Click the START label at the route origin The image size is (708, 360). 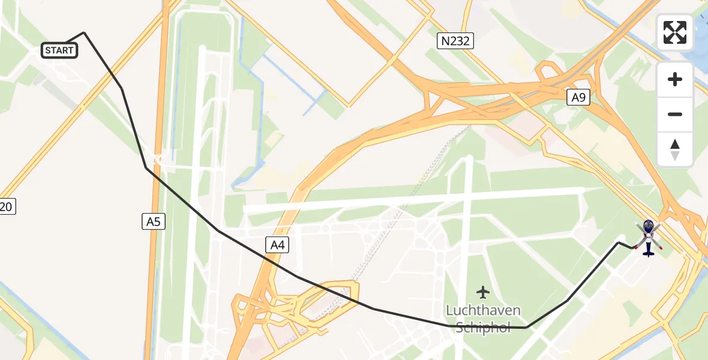tap(59, 50)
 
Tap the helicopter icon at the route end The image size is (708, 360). tap(648, 235)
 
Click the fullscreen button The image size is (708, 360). tap(675, 32)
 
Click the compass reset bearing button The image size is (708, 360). tap(675, 150)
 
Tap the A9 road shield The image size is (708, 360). tap(578, 97)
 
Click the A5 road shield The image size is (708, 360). tap(154, 222)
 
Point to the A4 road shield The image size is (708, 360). tap(276, 244)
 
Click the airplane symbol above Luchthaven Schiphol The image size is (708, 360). tap(483, 292)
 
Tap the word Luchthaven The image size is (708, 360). tap(483, 311)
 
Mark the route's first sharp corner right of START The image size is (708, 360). tap(83, 32)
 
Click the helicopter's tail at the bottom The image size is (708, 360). tap(648, 253)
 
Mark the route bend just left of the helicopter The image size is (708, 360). tap(619, 242)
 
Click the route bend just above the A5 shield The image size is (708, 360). tap(146, 168)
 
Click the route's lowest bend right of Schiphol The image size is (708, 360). tap(526, 328)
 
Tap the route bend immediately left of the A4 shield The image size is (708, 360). tap(218, 230)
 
